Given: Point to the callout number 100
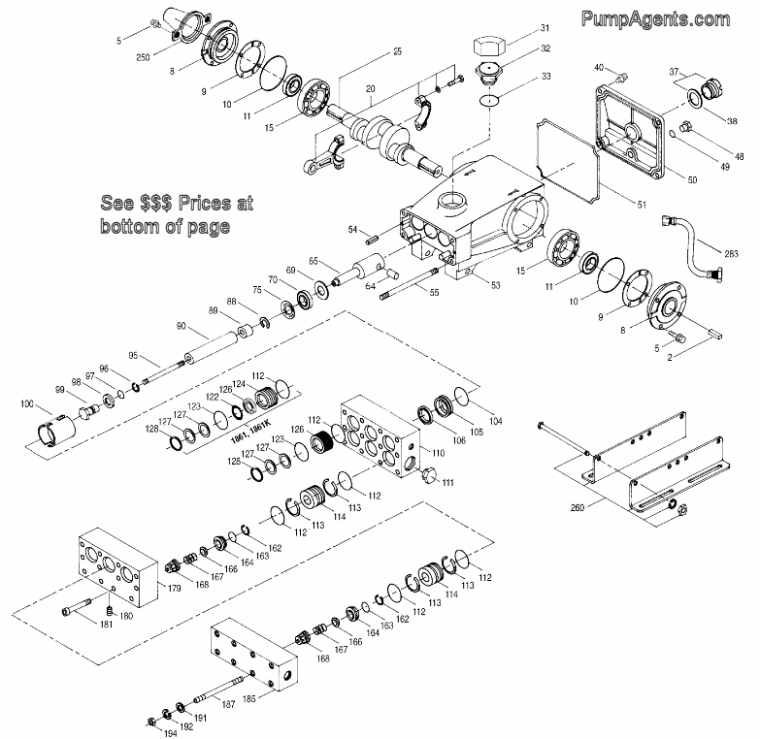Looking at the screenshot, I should point(25,402).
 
